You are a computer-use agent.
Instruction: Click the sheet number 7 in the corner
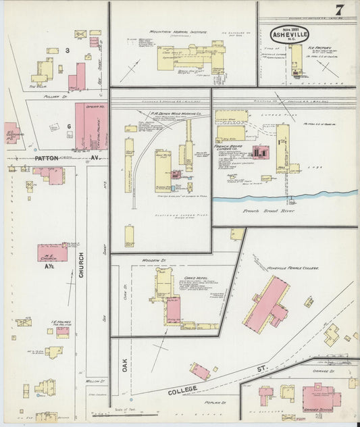[x=339, y=9]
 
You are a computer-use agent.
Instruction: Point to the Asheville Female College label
[x=292, y=268]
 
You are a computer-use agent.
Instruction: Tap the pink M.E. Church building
[x=52, y=253]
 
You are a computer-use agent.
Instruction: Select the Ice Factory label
[x=317, y=49]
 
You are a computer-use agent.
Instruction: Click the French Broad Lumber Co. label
[x=234, y=148]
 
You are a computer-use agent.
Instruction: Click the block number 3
[x=68, y=51]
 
